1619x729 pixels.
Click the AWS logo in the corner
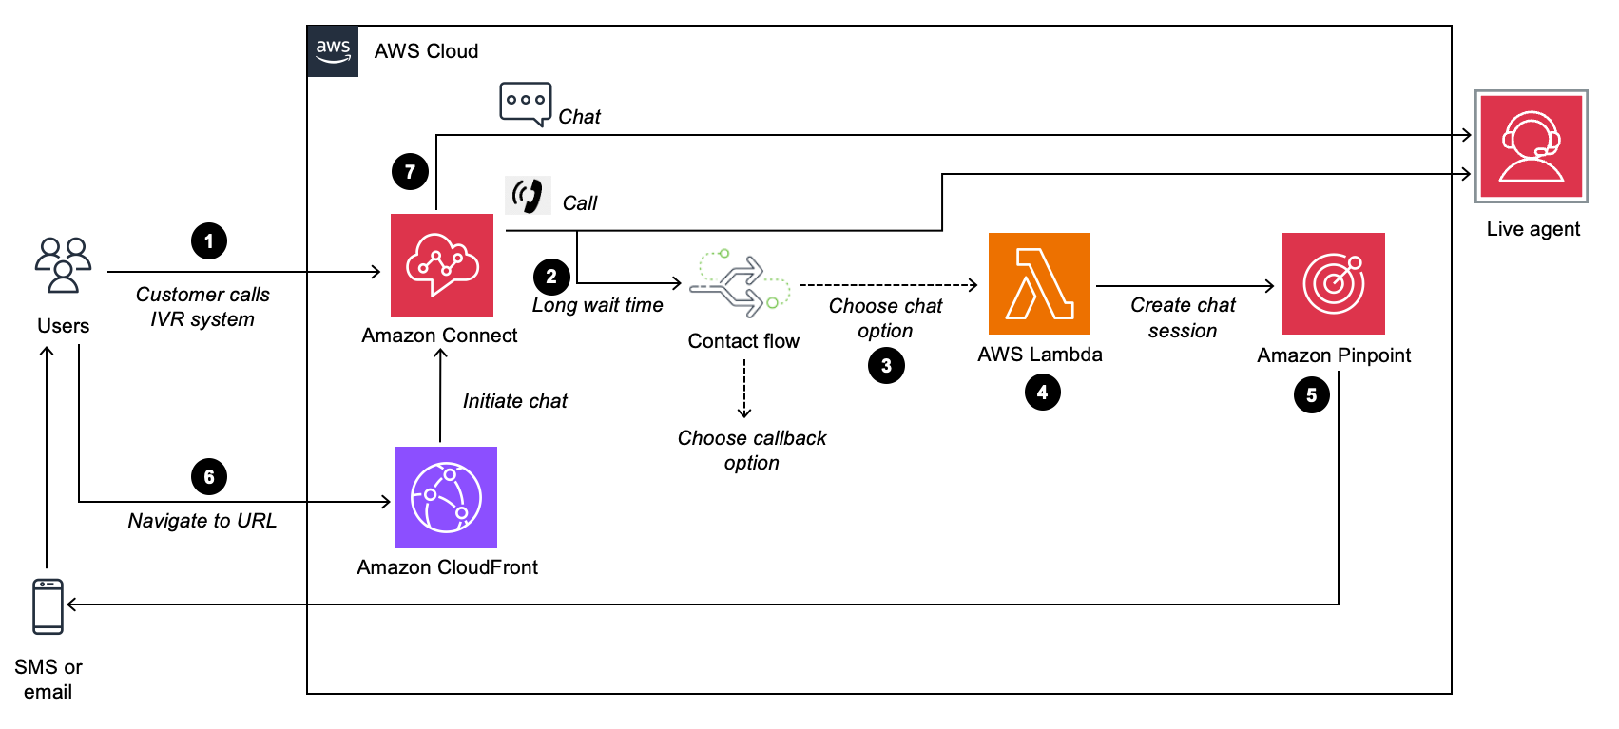tap(333, 51)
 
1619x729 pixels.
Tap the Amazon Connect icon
tap(442, 265)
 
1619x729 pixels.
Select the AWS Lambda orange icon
tap(1039, 283)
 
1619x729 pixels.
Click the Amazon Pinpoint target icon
tap(1333, 283)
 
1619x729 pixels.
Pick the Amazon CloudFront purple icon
tap(446, 497)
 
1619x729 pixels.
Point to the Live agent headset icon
tap(1531, 146)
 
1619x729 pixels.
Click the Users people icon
tap(63, 265)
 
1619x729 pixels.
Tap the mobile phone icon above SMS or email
tap(48, 606)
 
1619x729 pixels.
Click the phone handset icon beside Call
tap(528, 195)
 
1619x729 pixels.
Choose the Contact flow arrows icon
tap(741, 284)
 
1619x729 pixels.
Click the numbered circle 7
tap(410, 172)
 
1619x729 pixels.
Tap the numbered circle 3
tap(886, 366)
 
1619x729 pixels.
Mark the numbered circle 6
tap(209, 477)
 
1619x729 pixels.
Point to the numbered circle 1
tap(209, 241)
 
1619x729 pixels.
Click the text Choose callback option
tap(751, 451)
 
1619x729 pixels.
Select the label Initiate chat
tap(514, 401)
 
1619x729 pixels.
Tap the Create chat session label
tap(1183, 317)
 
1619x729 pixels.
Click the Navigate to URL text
tap(202, 521)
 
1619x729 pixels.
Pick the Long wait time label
tap(597, 305)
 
